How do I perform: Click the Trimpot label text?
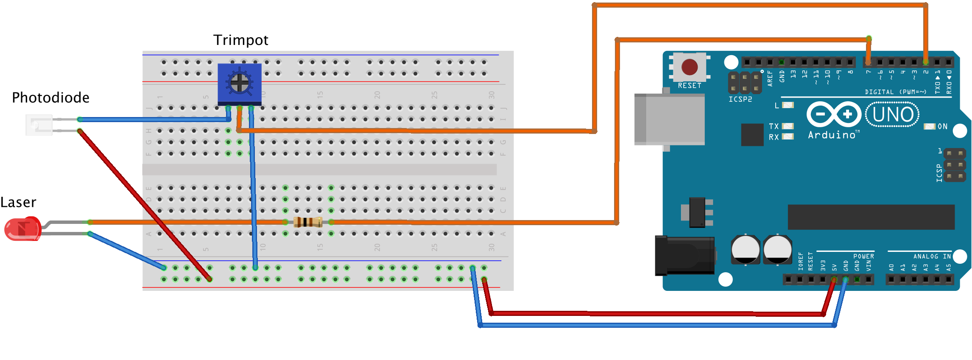[x=240, y=40]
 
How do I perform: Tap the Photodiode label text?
[x=50, y=98]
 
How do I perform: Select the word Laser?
[x=18, y=202]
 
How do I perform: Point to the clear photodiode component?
[x=39, y=125]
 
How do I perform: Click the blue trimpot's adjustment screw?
[x=240, y=82]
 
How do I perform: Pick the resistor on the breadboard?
[x=308, y=222]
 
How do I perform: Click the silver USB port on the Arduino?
[x=669, y=120]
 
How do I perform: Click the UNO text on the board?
[x=893, y=114]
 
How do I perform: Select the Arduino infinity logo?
[x=834, y=114]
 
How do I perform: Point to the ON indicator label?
[x=942, y=126]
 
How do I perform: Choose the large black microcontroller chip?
[x=871, y=217]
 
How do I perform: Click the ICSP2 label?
[x=740, y=99]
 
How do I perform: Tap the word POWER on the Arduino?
[x=863, y=257]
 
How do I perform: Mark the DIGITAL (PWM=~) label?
[x=895, y=92]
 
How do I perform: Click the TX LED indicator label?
[x=774, y=126]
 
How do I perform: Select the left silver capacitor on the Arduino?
[x=745, y=250]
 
